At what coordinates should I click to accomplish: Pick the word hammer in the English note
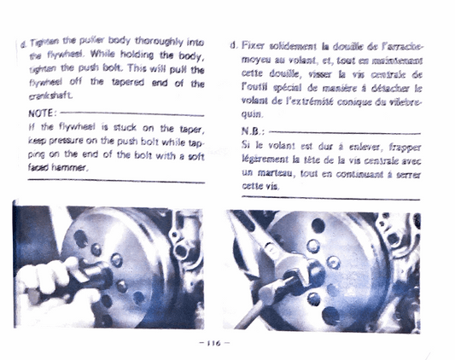[x=71, y=169]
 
